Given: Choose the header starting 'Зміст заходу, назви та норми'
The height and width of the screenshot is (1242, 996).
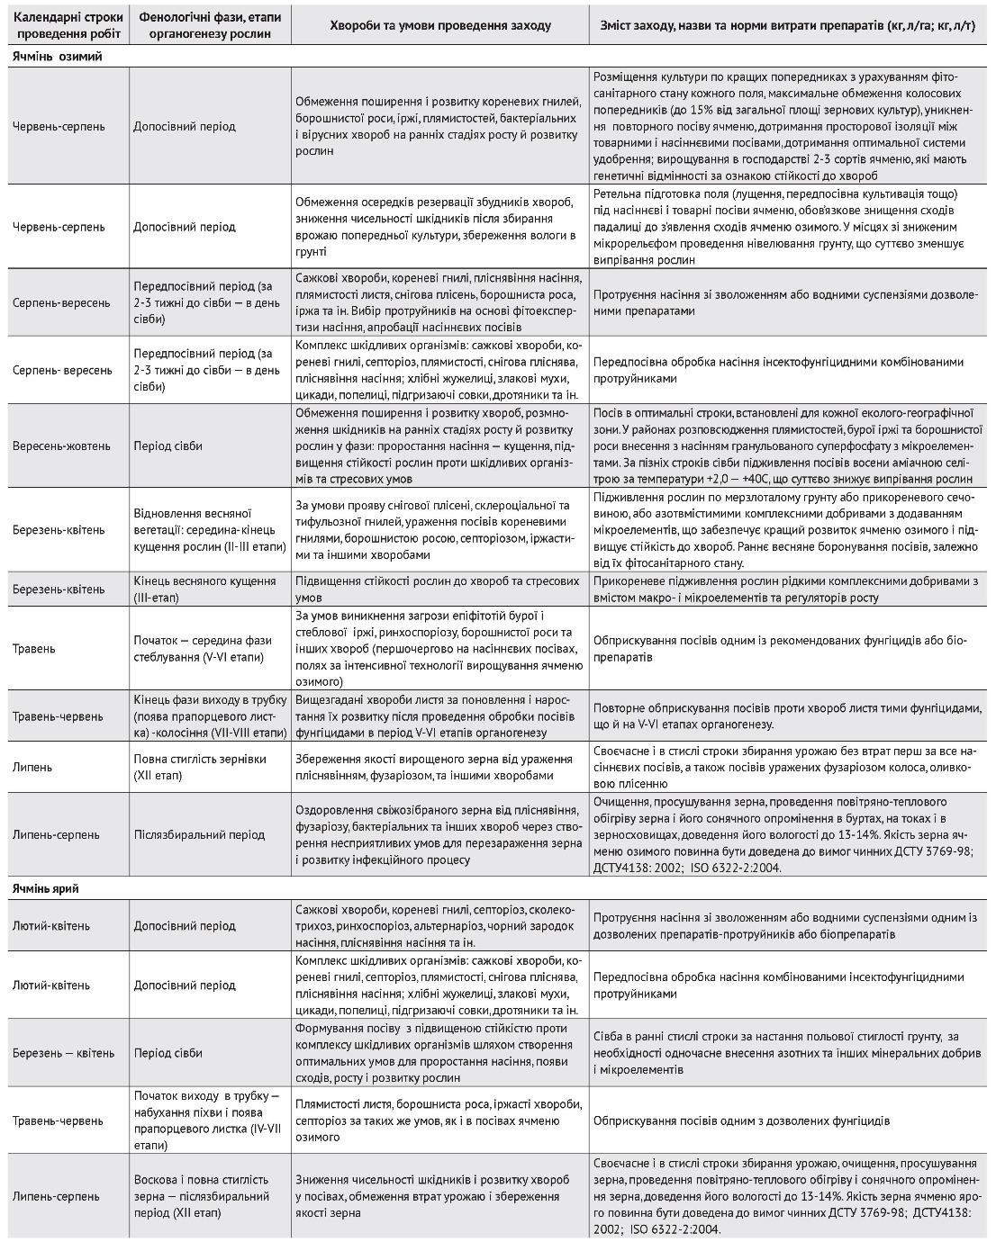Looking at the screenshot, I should [x=786, y=25].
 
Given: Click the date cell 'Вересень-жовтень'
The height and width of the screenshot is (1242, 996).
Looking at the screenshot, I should [x=61, y=445].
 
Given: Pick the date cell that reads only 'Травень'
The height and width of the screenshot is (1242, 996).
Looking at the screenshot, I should [x=34, y=648].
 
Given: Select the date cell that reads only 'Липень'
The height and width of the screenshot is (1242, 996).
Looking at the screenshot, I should [x=32, y=767].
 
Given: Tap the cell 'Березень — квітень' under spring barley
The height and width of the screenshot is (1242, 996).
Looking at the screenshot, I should [x=63, y=1053].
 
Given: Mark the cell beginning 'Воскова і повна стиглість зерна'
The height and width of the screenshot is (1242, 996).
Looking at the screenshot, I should [x=202, y=1196].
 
